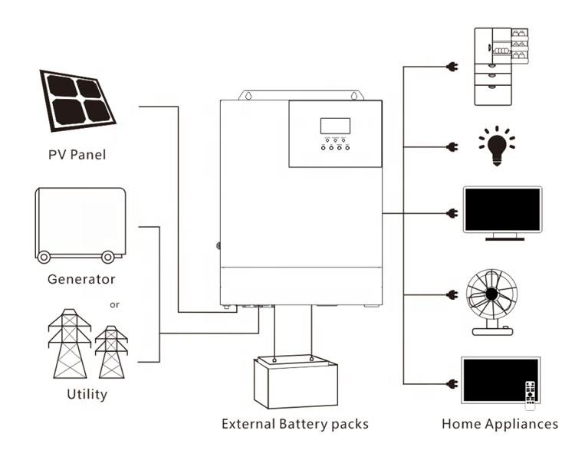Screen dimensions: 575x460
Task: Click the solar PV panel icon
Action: click(x=77, y=100)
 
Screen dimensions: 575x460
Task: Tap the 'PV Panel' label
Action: click(x=77, y=155)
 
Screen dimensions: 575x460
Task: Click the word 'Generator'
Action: click(x=81, y=280)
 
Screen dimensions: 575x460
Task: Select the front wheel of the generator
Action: click(x=44, y=257)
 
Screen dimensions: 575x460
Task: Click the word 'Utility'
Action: click(x=87, y=394)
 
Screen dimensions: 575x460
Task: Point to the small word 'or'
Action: click(x=114, y=305)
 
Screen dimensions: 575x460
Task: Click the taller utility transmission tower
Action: click(x=70, y=343)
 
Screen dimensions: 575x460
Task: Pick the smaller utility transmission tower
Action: click(x=111, y=352)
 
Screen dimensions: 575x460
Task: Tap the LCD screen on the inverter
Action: click(x=335, y=126)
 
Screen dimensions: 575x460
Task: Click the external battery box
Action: click(x=296, y=382)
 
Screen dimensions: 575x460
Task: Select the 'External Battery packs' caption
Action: click(x=295, y=424)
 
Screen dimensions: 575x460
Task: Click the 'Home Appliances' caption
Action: click(x=500, y=424)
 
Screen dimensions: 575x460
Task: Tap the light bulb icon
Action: click(x=497, y=146)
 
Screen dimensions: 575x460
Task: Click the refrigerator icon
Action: click(x=501, y=67)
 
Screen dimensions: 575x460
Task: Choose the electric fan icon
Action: click(x=492, y=303)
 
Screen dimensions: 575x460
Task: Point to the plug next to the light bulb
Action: click(x=452, y=147)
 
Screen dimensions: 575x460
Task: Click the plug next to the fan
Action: click(x=452, y=294)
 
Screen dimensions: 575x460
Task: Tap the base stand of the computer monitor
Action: click(x=504, y=238)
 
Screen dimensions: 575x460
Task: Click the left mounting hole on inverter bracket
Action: click(x=248, y=96)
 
